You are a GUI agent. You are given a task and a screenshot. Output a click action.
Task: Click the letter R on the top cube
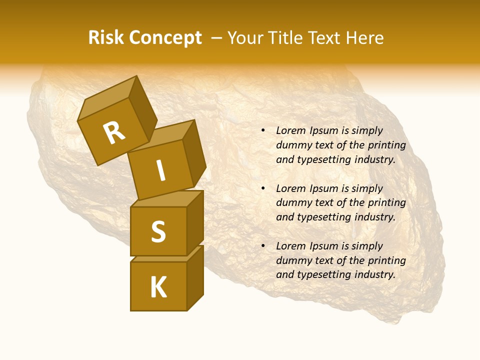click(x=114, y=133)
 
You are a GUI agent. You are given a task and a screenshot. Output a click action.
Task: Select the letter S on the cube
click(x=158, y=231)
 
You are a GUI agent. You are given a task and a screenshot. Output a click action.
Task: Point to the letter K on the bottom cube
click(x=158, y=287)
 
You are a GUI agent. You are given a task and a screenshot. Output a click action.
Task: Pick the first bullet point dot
click(x=263, y=131)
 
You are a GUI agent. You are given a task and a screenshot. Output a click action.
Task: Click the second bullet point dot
click(x=263, y=188)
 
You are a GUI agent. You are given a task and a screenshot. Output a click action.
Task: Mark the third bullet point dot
click(x=263, y=246)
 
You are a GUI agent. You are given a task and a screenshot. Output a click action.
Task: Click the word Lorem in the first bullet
click(x=290, y=131)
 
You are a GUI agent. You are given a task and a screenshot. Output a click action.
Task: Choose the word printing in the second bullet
click(x=387, y=203)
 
